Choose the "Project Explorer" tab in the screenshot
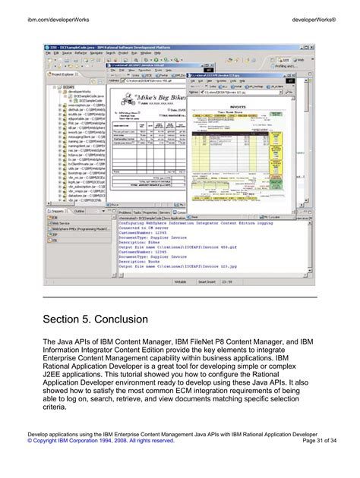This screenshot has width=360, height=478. click(x=65, y=76)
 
